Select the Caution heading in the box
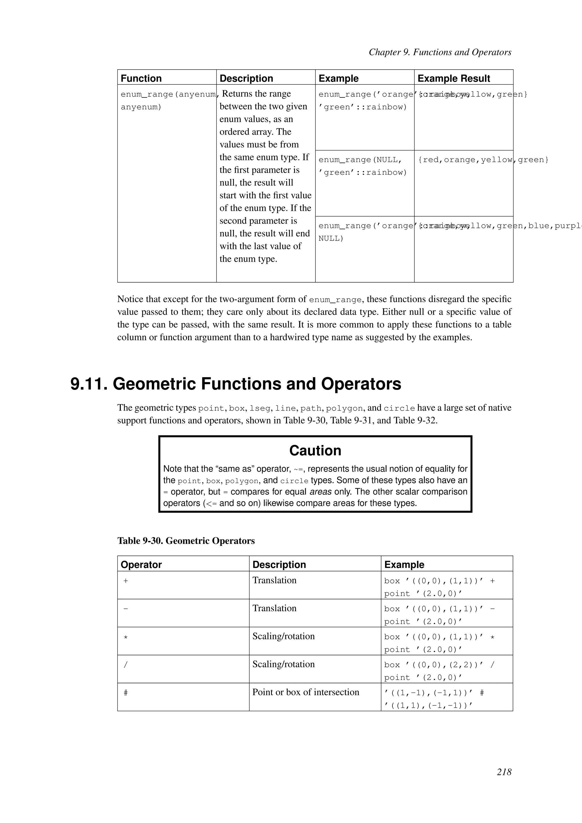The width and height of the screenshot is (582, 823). pos(315,450)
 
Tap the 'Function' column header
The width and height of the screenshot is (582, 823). pos(141,78)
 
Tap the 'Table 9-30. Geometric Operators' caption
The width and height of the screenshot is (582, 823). pos(186,541)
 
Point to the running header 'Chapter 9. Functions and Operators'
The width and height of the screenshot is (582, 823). pos(440,52)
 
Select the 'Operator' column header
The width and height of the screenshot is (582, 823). pos(141,565)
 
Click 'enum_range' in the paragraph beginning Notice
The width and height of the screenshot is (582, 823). pos(335,300)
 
